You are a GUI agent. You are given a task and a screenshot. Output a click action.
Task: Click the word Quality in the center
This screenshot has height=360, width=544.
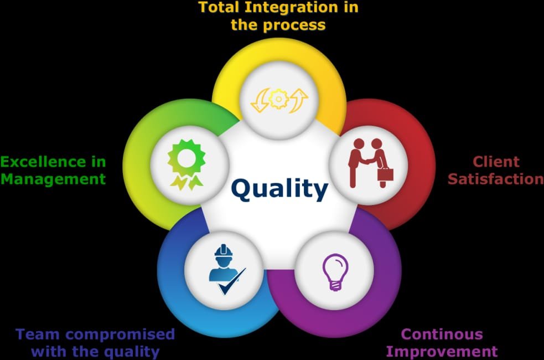279,189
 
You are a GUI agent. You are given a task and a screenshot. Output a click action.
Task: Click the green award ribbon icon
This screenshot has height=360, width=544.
186,164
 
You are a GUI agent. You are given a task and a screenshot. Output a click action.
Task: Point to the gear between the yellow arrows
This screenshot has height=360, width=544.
278,99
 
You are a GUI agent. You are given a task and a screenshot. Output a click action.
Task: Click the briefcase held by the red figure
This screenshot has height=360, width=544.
385,173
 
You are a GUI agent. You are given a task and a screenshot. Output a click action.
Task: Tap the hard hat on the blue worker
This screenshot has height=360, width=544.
223,251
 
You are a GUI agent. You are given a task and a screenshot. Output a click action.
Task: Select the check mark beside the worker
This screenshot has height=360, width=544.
231,282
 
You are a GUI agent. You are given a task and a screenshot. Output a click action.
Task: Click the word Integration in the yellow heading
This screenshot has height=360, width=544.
291,7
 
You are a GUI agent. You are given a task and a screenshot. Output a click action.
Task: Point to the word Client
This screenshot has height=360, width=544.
496,161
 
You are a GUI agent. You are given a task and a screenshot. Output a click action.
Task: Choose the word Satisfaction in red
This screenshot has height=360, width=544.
495,179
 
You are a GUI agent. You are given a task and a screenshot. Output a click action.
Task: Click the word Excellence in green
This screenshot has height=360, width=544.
44,162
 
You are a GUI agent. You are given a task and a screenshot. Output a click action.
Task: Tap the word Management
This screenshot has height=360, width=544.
53,179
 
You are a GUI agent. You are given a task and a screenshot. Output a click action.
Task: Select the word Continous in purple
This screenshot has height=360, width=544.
442,335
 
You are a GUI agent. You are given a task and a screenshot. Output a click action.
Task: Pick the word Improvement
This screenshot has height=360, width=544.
442,352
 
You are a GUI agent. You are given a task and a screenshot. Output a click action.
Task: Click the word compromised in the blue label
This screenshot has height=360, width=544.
120,335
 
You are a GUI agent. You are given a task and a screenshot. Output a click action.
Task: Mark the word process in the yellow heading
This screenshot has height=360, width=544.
294,25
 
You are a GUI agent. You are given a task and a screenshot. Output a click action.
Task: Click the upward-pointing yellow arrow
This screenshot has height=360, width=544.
299,100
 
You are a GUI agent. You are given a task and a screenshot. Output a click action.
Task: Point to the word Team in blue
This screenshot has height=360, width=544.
38,335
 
